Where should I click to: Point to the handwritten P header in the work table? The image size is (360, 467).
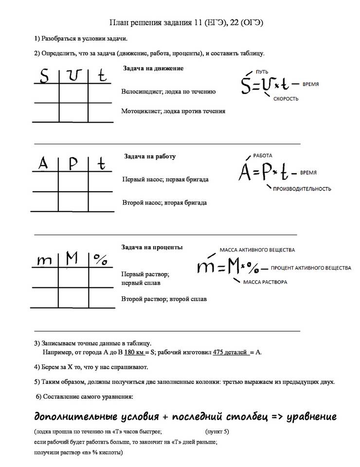point(73,164)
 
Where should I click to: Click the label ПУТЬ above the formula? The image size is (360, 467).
point(262,71)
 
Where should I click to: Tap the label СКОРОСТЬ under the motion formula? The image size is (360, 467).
point(286,99)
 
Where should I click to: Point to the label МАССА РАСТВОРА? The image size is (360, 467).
point(265,282)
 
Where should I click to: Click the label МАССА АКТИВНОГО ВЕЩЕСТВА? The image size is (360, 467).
point(257,250)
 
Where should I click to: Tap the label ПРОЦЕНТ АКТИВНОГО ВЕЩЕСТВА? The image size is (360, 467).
point(310,268)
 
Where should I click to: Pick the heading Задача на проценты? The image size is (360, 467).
point(152,247)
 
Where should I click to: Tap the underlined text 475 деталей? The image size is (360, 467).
point(230,352)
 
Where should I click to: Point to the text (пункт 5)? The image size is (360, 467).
point(217,431)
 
